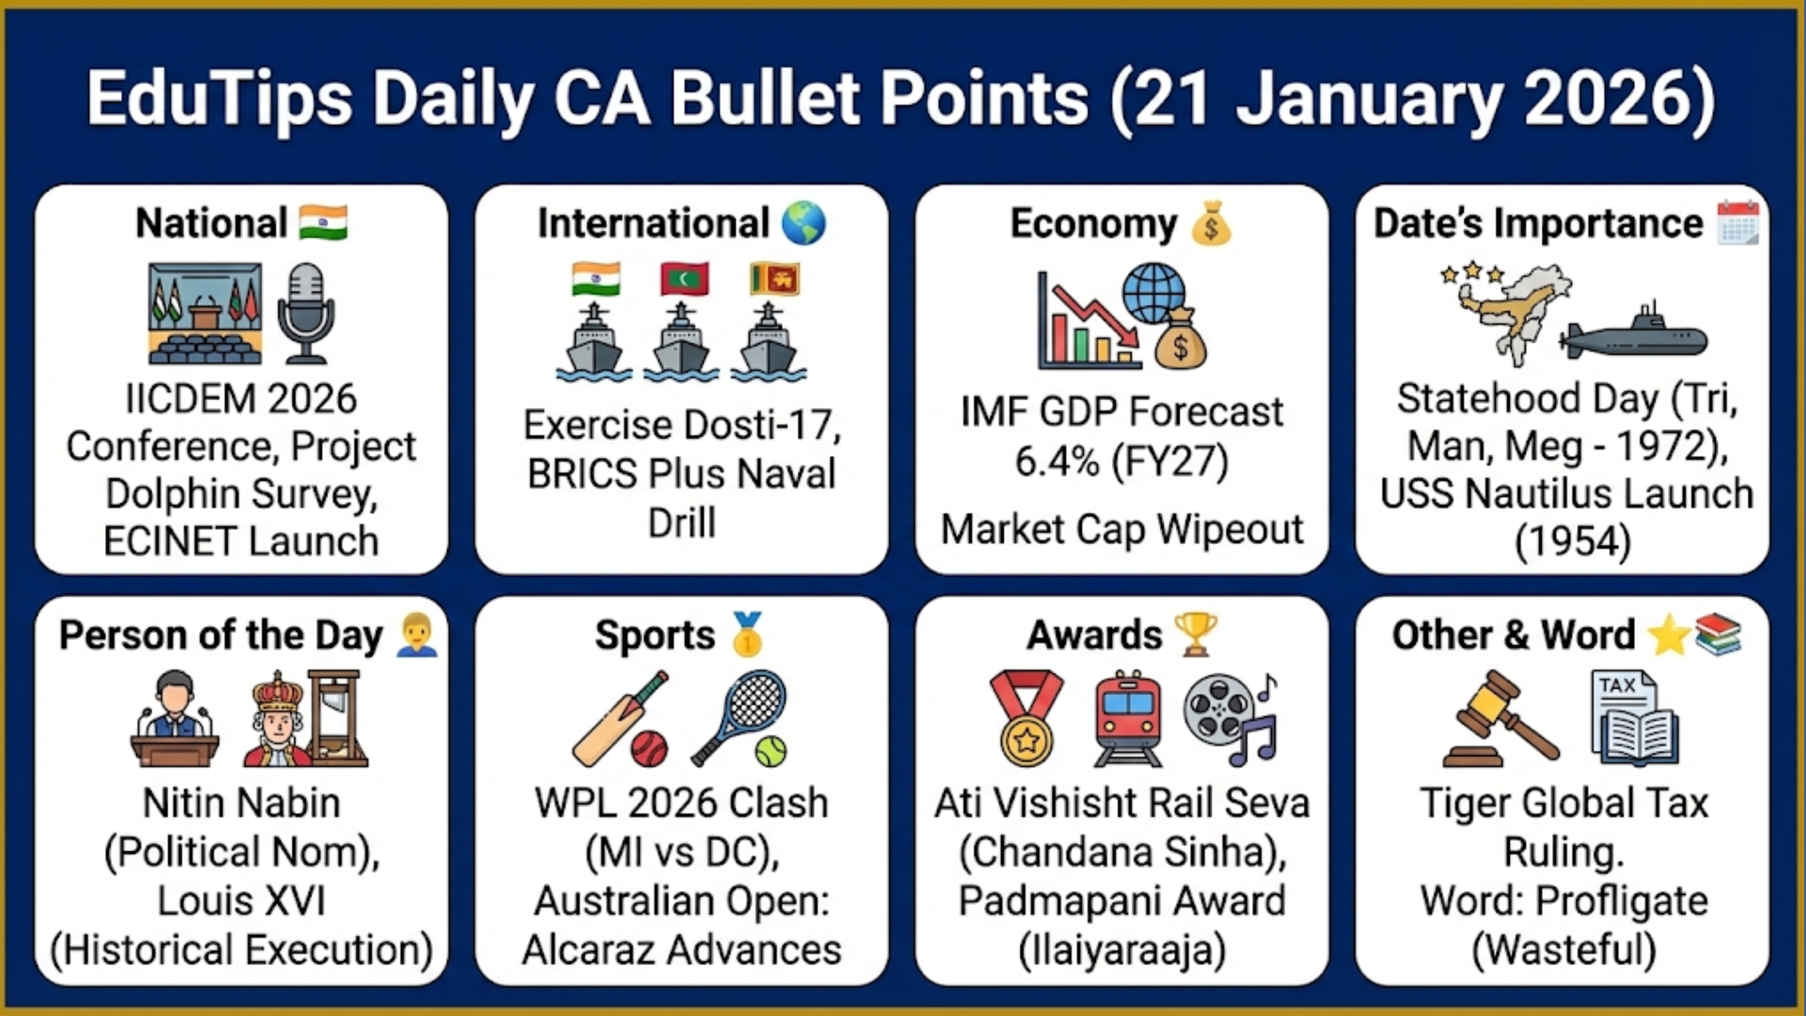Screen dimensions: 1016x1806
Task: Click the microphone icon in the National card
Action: click(x=306, y=312)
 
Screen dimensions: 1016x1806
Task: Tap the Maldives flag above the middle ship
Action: click(x=684, y=279)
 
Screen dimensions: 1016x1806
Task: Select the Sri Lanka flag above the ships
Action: click(x=773, y=279)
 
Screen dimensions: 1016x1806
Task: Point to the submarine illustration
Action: click(x=1633, y=335)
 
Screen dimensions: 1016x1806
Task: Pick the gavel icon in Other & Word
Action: click(x=1500, y=719)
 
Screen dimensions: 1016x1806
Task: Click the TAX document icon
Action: click(x=1634, y=717)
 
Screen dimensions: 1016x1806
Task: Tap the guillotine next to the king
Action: click(x=337, y=717)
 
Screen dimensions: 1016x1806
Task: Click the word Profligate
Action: click(x=1622, y=901)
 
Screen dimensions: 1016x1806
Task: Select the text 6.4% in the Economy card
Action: click(x=1055, y=462)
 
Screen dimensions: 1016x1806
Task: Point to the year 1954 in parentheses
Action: click(x=1573, y=542)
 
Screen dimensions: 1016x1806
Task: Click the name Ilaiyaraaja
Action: click(x=1121, y=950)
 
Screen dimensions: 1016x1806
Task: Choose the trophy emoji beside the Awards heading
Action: click(x=1196, y=634)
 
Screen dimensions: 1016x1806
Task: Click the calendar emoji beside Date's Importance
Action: click(x=1736, y=223)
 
